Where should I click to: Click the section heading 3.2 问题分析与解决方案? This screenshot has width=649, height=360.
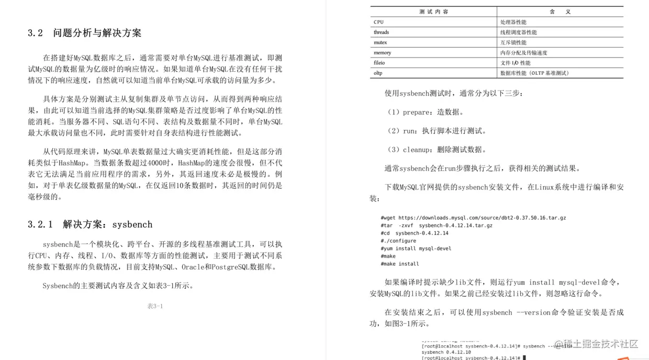[x=84, y=33]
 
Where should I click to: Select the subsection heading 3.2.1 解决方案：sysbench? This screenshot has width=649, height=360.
[x=89, y=224]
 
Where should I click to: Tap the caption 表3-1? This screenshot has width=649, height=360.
[x=155, y=306]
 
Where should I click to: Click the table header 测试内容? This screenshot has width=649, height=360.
[x=433, y=12]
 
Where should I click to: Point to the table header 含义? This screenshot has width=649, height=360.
[x=560, y=12]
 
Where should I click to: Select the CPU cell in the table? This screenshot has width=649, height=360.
[x=378, y=22]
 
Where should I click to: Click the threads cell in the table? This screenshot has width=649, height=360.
[x=381, y=32]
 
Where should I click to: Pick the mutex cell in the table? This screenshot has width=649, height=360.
[x=380, y=42]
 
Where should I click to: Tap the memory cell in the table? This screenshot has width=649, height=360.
[x=382, y=53]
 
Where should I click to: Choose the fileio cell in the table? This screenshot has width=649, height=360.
[x=379, y=63]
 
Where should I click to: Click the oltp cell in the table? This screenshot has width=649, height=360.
[x=378, y=73]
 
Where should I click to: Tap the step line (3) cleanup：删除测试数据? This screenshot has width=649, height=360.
[x=436, y=150]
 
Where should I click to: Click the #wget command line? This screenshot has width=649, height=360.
[x=473, y=218]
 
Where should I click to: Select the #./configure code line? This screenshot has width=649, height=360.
[x=398, y=241]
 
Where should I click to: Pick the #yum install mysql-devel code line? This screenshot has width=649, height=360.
[x=416, y=249]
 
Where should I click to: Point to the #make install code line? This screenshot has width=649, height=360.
[x=400, y=264]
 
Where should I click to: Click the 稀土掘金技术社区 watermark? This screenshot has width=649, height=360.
[x=596, y=344]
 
